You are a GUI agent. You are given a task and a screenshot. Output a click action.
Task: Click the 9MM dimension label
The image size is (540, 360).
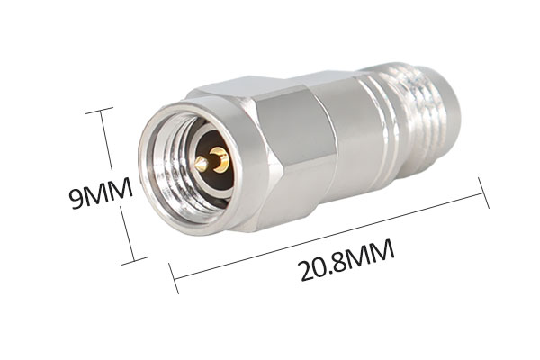(101, 193)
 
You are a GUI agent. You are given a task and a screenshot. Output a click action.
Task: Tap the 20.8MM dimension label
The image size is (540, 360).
(346, 260)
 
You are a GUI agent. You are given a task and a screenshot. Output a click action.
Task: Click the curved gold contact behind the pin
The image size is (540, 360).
(220, 159)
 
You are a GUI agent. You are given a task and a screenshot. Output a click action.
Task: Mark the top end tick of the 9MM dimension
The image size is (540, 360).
(99, 110)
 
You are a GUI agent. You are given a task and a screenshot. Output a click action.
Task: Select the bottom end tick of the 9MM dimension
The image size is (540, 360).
(135, 261)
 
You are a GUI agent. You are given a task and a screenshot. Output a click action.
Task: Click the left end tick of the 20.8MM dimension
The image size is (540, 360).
(174, 278)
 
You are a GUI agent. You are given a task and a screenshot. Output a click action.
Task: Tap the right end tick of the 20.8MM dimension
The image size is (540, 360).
(483, 193)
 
